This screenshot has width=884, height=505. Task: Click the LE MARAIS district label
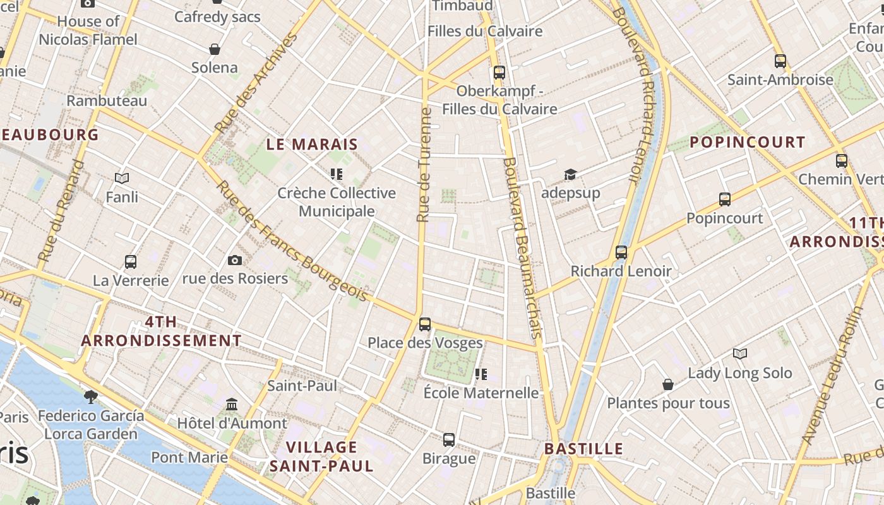[x=312, y=145]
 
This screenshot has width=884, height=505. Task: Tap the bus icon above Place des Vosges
[x=425, y=324]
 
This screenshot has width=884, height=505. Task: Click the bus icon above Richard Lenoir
[x=621, y=252]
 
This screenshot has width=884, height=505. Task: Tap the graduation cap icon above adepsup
[x=570, y=174]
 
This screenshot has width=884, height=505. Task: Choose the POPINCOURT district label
[x=747, y=142]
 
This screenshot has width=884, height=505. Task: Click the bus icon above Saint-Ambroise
[x=780, y=61]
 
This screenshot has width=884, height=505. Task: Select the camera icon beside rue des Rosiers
[x=234, y=260]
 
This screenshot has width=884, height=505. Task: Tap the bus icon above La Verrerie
[x=131, y=261]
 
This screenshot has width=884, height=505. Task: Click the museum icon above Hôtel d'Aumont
[x=232, y=404]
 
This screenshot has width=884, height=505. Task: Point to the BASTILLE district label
[x=583, y=449]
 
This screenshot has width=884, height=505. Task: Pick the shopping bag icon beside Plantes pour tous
[x=668, y=384]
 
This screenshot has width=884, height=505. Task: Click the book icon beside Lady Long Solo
[x=740, y=354]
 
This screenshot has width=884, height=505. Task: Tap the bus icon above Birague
[x=449, y=439]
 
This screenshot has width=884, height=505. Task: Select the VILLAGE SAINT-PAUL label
[x=322, y=456]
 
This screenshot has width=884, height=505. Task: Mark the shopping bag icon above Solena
[x=215, y=49]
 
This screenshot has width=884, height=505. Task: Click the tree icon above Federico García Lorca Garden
[x=91, y=396]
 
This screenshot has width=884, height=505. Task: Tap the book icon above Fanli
[x=122, y=179]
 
